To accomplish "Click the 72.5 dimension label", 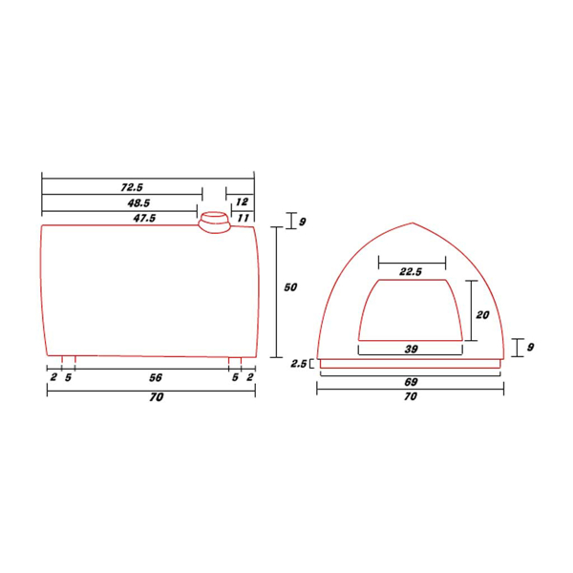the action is (132, 187).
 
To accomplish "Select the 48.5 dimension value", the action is (138, 202).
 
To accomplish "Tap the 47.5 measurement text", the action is (144, 218).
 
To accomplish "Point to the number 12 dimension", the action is (242, 202).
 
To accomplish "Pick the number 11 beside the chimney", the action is (244, 218).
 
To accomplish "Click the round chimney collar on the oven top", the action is (215, 223).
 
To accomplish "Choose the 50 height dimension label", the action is (290, 287).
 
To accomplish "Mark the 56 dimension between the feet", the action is (156, 377).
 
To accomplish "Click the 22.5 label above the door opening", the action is (411, 271).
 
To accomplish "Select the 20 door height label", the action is (482, 314).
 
